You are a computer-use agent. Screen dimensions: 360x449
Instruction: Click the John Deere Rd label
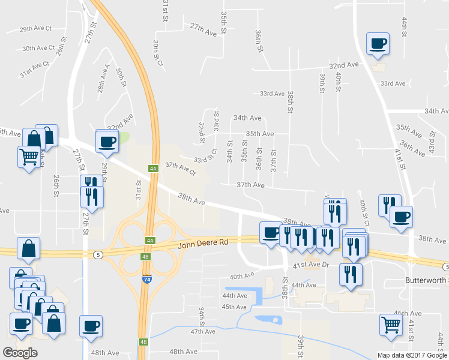pyautogui.click(x=203, y=243)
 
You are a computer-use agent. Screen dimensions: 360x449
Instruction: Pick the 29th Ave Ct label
pyautogui.click(x=35, y=28)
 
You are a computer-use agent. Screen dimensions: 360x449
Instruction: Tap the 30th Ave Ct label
pyautogui.click(x=38, y=48)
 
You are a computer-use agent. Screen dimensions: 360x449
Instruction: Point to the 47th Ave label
pyautogui.click(x=202, y=331)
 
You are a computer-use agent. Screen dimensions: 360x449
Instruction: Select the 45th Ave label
pyautogui.click(x=234, y=307)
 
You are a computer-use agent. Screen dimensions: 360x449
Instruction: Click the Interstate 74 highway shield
pyautogui.click(x=147, y=280)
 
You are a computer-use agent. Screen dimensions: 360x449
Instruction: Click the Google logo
pyautogui.click(x=20, y=353)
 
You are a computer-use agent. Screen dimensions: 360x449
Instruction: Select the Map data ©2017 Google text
pyautogui.click(x=412, y=355)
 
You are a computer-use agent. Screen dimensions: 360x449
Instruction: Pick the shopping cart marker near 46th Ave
pyautogui.click(x=391, y=325)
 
